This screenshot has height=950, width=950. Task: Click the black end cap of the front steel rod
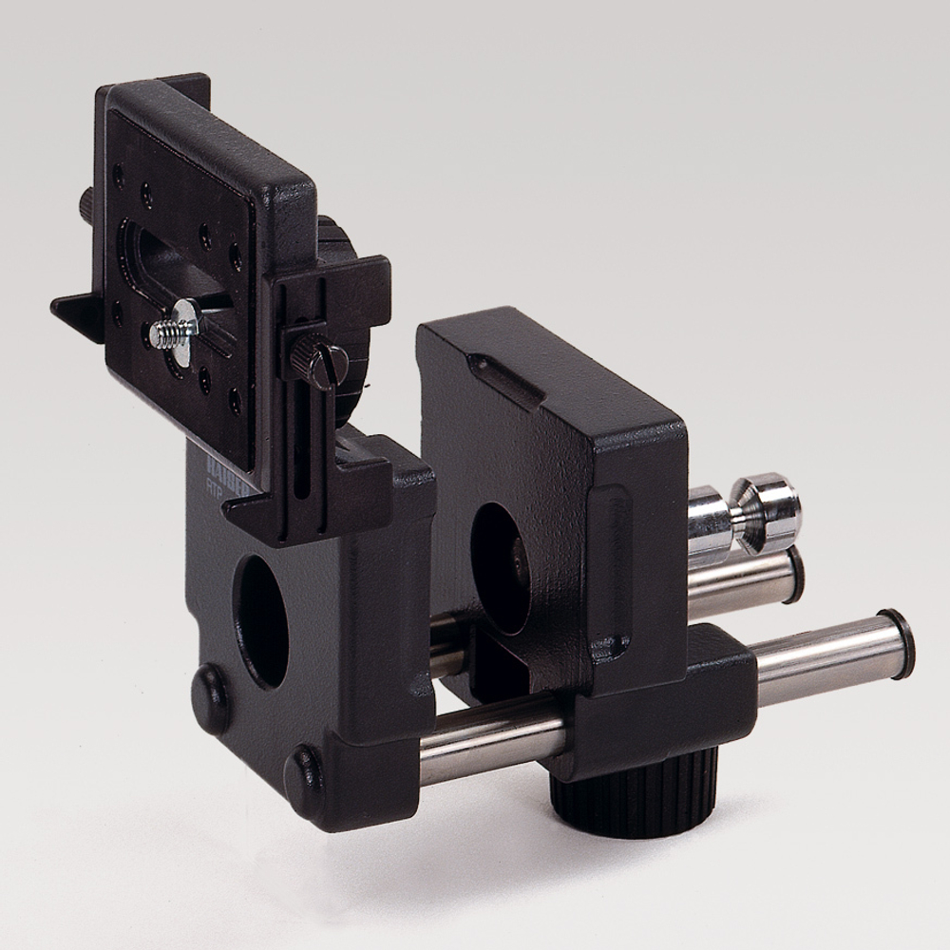point(898,643)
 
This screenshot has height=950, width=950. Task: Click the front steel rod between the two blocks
point(494,741)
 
